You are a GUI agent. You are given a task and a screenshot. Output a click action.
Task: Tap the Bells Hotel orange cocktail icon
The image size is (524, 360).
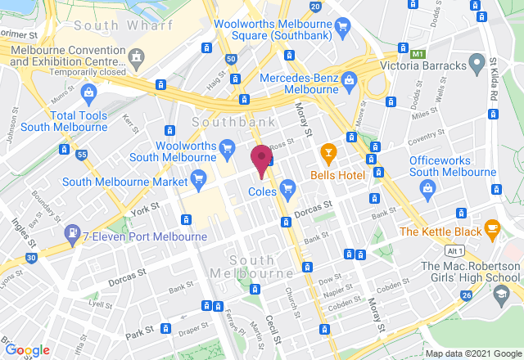coord(328,152)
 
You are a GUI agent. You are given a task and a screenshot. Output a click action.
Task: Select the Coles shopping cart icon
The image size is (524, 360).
coord(287,190)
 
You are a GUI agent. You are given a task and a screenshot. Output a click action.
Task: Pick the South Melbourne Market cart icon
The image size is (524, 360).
coord(197,177)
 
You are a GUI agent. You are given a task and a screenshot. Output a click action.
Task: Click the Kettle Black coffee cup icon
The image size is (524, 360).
coord(492,226)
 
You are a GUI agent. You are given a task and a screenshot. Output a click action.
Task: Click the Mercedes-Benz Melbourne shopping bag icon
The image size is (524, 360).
coord(350,79)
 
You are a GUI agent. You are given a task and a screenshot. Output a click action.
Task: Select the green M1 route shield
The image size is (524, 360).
coord(419,54)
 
